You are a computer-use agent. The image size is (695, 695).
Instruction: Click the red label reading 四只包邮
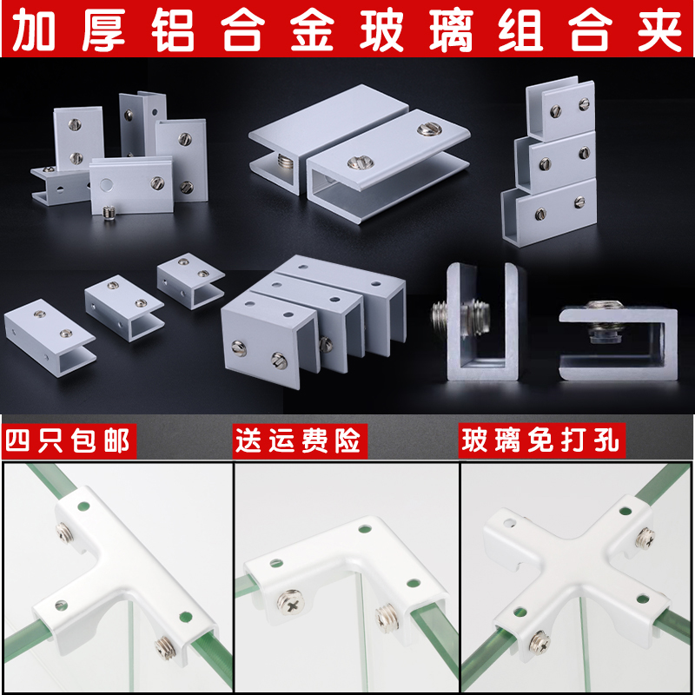click(x=68, y=440)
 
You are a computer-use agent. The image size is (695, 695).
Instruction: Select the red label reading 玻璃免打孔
click(x=540, y=440)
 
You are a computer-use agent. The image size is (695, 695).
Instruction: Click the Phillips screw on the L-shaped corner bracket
click(x=283, y=599)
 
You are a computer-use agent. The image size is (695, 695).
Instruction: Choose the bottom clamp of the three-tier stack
click(x=549, y=208)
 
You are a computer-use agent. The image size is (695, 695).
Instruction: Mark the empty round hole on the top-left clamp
click(x=106, y=184)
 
